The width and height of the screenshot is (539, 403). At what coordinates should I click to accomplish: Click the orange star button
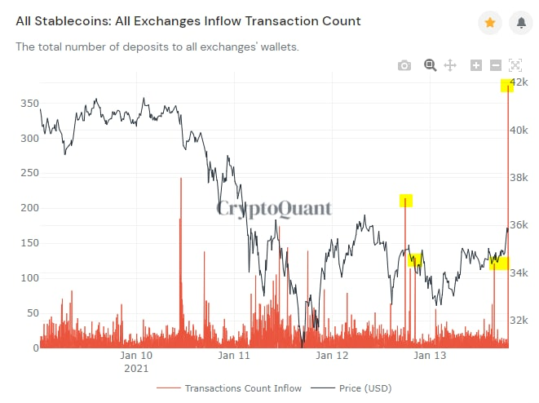(x=489, y=23)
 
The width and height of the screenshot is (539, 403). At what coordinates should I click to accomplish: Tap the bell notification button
(x=520, y=23)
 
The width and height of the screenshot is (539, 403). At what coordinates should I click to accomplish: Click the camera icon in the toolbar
(x=404, y=65)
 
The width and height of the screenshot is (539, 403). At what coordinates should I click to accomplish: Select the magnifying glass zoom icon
(x=430, y=65)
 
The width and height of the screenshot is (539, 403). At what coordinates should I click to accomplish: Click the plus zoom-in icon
(x=476, y=65)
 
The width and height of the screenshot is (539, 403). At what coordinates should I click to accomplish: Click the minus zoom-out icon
(x=496, y=65)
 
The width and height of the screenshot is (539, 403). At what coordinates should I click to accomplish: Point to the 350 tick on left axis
(x=29, y=104)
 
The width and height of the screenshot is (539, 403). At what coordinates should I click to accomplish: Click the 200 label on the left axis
(x=29, y=208)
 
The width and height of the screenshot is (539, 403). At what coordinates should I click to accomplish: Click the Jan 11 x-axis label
(x=233, y=356)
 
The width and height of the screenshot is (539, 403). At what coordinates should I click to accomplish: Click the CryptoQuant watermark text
(x=274, y=209)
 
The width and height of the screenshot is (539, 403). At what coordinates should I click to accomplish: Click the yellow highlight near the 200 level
(x=406, y=201)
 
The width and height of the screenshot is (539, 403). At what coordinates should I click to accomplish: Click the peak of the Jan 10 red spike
(x=180, y=179)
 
